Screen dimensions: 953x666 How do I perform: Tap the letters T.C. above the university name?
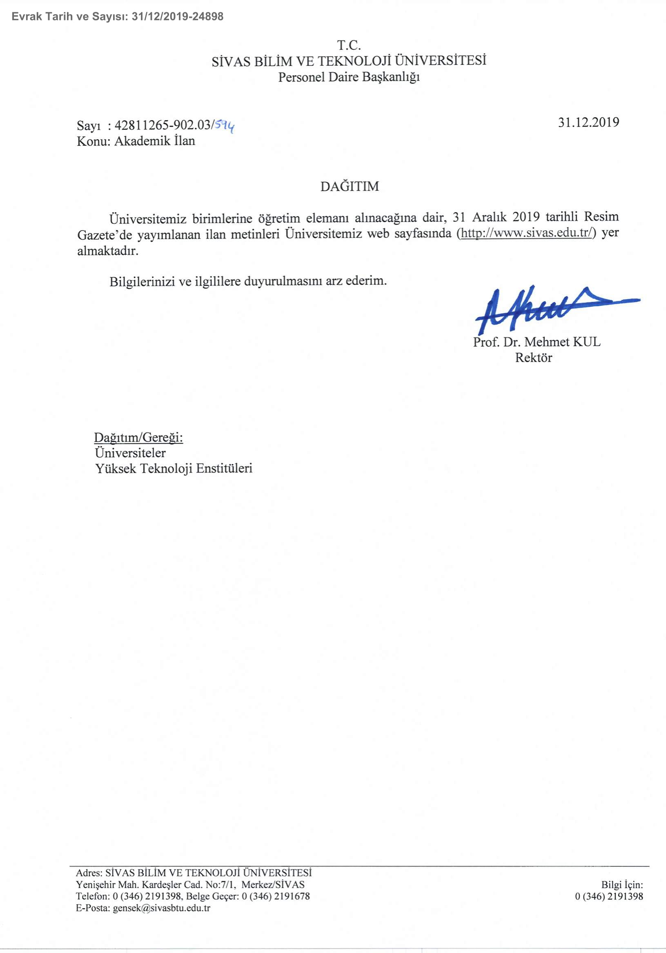click(x=348, y=45)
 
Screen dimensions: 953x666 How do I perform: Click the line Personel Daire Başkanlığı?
click(x=349, y=77)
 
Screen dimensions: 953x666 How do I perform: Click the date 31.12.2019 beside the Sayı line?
click(x=588, y=122)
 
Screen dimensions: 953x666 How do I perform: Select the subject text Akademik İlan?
click(x=154, y=141)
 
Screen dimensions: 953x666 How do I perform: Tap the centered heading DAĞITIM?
click(x=350, y=186)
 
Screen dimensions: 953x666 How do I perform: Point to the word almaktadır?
click(x=107, y=251)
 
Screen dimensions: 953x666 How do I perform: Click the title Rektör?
click(x=534, y=357)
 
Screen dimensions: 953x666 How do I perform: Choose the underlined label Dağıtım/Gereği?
click(x=138, y=437)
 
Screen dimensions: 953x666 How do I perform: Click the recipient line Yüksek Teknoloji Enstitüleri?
click(x=174, y=468)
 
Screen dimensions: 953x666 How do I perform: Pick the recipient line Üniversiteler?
click(x=130, y=453)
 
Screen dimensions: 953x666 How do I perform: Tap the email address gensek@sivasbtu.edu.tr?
click(x=162, y=908)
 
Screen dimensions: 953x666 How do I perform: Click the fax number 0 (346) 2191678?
click(x=276, y=897)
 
